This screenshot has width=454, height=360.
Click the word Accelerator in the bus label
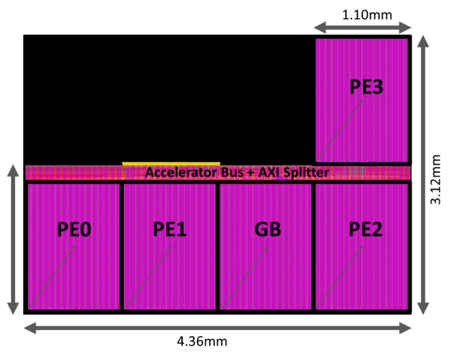point(178,173)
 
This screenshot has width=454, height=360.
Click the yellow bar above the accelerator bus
point(171,164)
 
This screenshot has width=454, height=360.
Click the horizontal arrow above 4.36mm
point(219,328)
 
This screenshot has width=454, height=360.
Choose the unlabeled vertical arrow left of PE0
point(13,239)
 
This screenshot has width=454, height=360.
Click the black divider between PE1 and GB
point(217,246)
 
